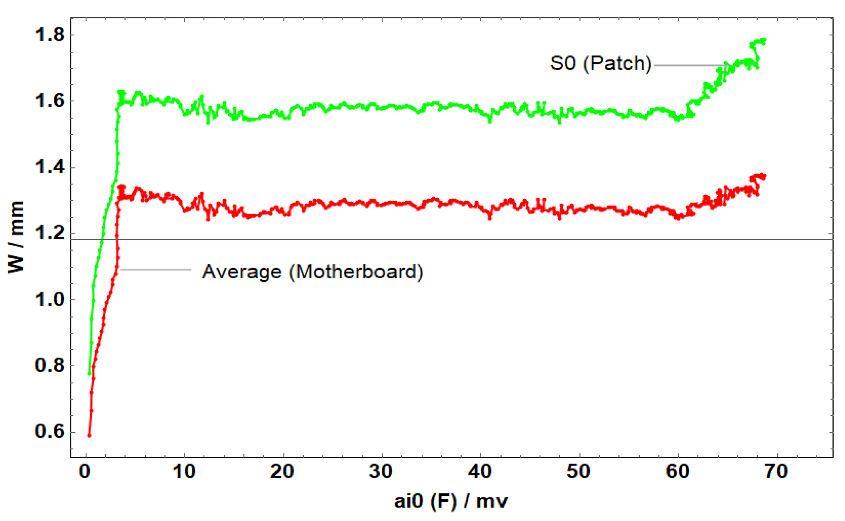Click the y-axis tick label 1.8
pos(50,35)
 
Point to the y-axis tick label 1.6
pos(50,101)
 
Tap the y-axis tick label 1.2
pos(50,233)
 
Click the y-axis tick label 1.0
pos(50,300)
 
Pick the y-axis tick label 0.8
pos(50,365)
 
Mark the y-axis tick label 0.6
pos(50,432)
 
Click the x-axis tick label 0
pos(85,472)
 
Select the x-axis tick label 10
pos(184,472)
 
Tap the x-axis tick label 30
pos(381,472)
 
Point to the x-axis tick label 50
pos(579,472)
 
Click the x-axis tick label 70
pos(776,472)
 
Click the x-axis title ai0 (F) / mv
pos(451,501)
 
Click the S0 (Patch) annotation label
pos(600,64)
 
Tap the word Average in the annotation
pos(242,272)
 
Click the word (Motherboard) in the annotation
pos(356,272)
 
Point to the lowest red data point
pos(89,436)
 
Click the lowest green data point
pos(89,374)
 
